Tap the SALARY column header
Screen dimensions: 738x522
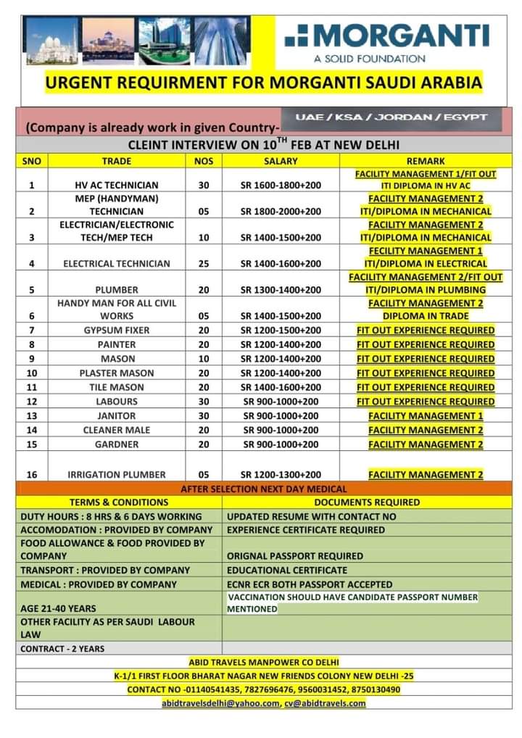point(281,161)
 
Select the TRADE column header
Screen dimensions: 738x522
point(116,161)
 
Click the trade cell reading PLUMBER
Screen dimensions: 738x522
point(116,290)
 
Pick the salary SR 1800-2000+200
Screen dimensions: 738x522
point(281,212)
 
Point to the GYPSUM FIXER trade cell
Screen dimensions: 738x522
point(116,331)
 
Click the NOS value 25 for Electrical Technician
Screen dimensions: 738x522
point(204,264)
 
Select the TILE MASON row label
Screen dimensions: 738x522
point(116,387)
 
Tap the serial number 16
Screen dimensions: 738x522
point(32,474)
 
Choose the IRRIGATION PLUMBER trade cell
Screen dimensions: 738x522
point(116,474)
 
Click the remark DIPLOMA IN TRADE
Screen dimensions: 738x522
point(426,316)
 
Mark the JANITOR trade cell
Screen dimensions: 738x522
point(116,416)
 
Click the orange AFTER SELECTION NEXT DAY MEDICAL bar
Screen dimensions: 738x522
point(264,489)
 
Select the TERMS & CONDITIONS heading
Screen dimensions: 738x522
point(119,502)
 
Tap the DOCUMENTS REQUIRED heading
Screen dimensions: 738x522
point(367,502)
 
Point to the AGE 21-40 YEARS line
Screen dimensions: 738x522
point(58,609)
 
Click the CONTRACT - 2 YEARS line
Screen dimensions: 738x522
point(62,649)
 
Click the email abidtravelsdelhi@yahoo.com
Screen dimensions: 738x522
point(220,703)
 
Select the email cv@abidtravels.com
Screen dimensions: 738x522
point(325,703)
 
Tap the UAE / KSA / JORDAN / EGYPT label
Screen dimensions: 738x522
point(391,117)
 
